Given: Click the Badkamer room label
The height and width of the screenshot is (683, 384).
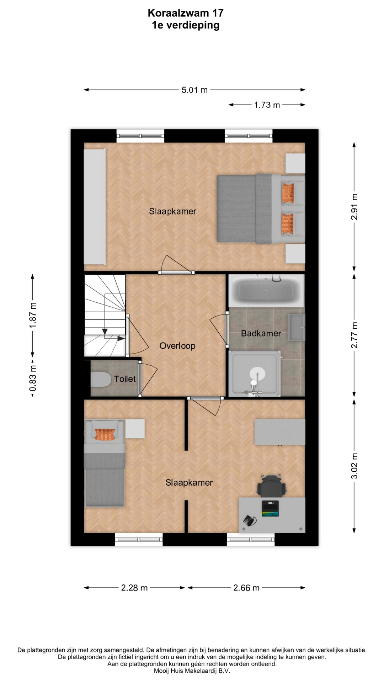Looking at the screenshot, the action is pyautogui.click(x=261, y=333).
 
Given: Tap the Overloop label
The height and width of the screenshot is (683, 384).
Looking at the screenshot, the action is pyautogui.click(x=177, y=346).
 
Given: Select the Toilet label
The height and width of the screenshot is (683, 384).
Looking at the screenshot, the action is pyautogui.click(x=125, y=379).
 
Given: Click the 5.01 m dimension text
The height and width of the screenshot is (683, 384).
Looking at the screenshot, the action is pyautogui.click(x=194, y=90).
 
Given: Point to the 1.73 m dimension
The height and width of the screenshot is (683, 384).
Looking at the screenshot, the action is pyautogui.click(x=267, y=105).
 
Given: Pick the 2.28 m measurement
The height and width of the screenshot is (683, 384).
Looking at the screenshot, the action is pyautogui.click(x=134, y=588).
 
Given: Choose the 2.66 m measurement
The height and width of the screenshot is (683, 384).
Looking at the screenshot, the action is pyautogui.click(x=246, y=588).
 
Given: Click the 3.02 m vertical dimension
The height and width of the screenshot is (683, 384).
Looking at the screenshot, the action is pyautogui.click(x=354, y=466).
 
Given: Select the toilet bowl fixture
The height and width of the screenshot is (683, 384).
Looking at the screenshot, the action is pyautogui.click(x=101, y=379).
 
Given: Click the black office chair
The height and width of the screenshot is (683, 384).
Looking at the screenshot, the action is pyautogui.click(x=272, y=485).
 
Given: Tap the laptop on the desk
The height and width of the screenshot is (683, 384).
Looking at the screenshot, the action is pyautogui.click(x=270, y=508).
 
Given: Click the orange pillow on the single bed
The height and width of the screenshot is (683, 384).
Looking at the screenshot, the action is pyautogui.click(x=105, y=434).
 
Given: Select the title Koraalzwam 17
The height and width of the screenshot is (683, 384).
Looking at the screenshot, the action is pyautogui.click(x=186, y=13).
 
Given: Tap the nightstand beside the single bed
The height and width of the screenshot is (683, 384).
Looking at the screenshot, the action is pyautogui.click(x=135, y=429).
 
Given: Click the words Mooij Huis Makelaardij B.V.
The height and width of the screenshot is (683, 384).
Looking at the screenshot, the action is pyautogui.click(x=192, y=671).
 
